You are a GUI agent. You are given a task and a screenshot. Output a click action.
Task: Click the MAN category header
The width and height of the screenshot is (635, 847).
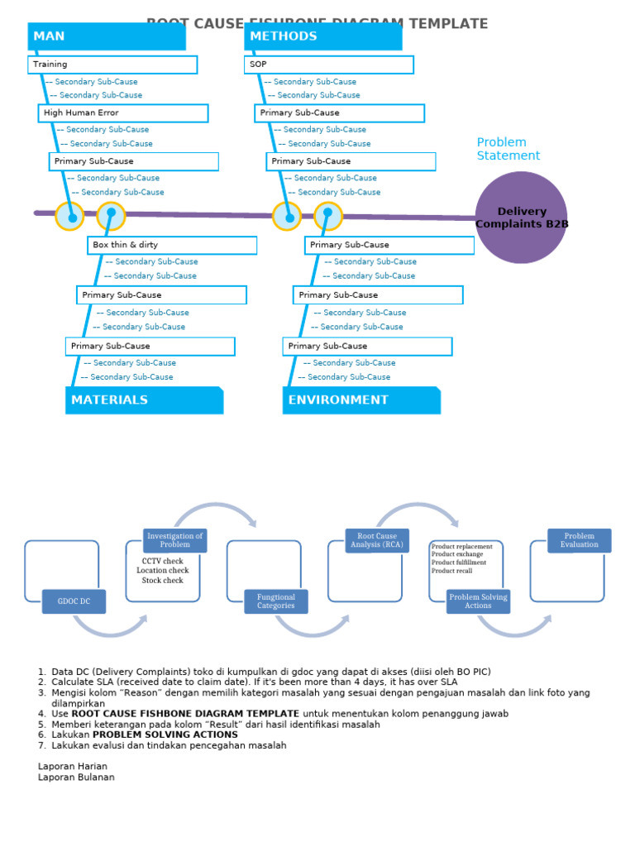(106, 36)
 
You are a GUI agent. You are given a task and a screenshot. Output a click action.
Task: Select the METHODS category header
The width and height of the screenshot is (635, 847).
(322, 36)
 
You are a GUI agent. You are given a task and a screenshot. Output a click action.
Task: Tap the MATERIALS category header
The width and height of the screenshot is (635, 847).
(144, 400)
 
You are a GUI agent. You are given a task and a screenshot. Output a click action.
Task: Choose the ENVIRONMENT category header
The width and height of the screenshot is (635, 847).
(361, 400)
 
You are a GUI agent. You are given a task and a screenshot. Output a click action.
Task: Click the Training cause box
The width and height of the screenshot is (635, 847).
(112, 65)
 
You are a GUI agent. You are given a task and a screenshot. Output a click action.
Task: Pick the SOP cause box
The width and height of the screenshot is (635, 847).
(329, 65)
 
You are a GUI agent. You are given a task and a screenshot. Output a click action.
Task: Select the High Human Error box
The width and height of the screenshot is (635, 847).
(123, 113)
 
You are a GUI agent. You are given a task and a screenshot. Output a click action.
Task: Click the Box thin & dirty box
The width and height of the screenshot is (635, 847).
(172, 246)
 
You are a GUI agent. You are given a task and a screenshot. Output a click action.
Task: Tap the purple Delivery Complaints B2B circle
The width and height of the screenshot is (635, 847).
(521, 218)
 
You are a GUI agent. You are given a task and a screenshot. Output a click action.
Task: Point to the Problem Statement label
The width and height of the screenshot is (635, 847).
(508, 149)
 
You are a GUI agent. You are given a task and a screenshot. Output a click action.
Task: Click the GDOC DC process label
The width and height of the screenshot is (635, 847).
(74, 601)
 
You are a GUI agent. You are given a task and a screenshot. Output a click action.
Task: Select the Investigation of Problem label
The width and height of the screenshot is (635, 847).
(175, 540)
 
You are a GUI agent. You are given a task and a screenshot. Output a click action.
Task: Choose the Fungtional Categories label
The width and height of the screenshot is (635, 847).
(276, 601)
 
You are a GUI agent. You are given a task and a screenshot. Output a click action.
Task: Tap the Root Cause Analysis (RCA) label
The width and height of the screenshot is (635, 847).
(377, 540)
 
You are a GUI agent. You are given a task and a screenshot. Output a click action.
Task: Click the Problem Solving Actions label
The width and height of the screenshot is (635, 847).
(478, 601)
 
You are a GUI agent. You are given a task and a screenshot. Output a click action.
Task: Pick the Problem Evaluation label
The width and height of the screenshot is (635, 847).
(579, 540)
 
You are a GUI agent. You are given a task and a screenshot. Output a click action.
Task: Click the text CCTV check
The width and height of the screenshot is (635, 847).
(163, 561)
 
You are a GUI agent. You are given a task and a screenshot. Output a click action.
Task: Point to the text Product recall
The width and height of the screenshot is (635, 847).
(452, 571)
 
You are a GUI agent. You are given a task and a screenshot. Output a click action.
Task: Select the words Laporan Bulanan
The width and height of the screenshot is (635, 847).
(76, 778)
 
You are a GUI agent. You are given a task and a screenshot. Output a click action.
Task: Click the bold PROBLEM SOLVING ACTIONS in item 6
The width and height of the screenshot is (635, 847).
(165, 735)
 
